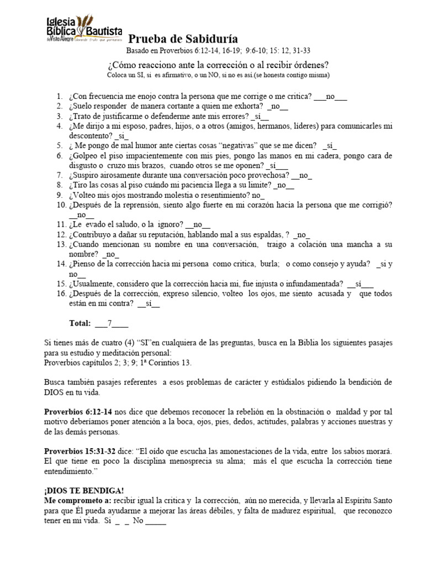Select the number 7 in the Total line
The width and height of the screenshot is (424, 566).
[x=110, y=323]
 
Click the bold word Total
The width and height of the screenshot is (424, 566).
[x=79, y=323]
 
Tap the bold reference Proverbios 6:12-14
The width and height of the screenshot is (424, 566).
[x=78, y=412]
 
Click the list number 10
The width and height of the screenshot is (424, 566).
[x=60, y=205]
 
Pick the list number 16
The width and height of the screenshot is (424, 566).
[x=60, y=293]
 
